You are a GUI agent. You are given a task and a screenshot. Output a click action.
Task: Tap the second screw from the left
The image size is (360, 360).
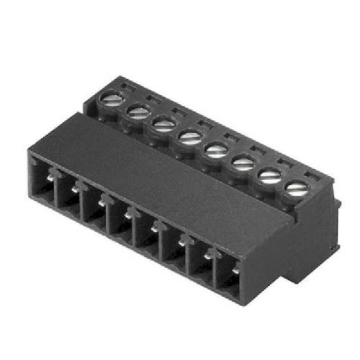pyautogui.click(x=138, y=112)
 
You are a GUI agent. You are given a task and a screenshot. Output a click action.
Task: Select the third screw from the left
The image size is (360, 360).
pyautogui.click(x=164, y=125)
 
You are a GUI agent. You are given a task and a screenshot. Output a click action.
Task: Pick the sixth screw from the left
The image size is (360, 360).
pyautogui.click(x=243, y=164)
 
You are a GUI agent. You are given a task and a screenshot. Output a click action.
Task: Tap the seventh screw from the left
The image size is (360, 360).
pyautogui.click(x=269, y=176)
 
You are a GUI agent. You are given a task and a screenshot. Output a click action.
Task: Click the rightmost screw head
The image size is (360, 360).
pyautogui.click(x=295, y=188)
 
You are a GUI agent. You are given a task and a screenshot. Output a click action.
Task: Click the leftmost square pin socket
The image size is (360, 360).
pyautogui.click(x=42, y=178)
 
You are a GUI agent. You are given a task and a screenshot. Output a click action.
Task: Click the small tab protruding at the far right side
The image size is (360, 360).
pyautogui.click(x=338, y=206)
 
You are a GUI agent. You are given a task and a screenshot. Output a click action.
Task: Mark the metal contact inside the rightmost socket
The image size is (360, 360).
pyautogui.click(x=235, y=272)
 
